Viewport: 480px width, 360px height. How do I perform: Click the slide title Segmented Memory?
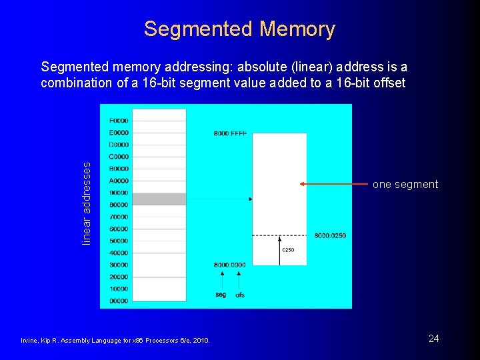[239, 29]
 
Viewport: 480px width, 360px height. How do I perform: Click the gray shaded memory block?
[159, 199]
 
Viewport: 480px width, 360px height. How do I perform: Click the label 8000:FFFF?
[230, 133]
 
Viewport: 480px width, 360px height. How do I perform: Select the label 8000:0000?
[229, 265]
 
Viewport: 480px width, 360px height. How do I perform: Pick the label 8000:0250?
[330, 235]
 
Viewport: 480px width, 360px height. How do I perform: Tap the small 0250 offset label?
[288, 250]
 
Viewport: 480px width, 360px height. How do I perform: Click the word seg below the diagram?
[221, 294]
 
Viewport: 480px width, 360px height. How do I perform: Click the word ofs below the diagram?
[240, 295]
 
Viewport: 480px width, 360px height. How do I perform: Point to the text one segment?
[405, 185]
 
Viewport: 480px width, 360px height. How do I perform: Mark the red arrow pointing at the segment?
[333, 183]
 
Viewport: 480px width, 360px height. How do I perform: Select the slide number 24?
[433, 339]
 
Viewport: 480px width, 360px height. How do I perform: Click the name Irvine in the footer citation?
[31, 341]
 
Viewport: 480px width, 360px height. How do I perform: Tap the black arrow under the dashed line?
[280, 249]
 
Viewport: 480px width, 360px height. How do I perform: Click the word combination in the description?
[73, 83]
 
